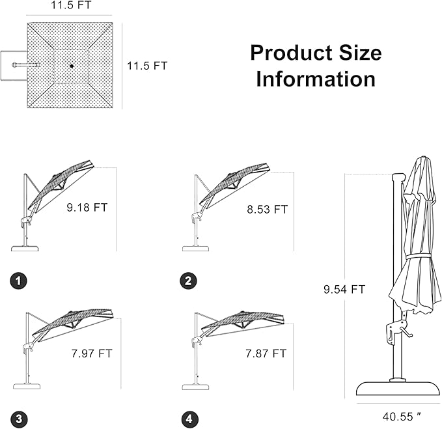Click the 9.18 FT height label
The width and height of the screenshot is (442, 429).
pyautogui.click(x=87, y=208)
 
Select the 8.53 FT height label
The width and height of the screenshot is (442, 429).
pyautogui.click(x=268, y=210)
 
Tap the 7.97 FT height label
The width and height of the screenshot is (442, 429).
pyautogui.click(x=92, y=353)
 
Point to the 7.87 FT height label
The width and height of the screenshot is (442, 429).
pyautogui.click(x=266, y=353)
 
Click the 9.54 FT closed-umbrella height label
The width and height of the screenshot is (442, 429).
pyautogui.click(x=344, y=289)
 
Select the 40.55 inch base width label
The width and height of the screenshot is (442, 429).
pyautogui.click(x=402, y=417)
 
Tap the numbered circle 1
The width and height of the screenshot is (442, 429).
pyautogui.click(x=19, y=281)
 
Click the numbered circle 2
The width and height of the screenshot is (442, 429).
pyautogui.click(x=188, y=281)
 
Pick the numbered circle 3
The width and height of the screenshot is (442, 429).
pyautogui.click(x=19, y=419)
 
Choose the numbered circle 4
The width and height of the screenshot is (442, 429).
pyautogui.click(x=189, y=419)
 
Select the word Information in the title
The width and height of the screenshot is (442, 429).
pyautogui.click(x=316, y=79)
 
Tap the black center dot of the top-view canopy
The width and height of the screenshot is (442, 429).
pyautogui.click(x=72, y=66)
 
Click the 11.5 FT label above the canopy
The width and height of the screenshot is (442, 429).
pyautogui.click(x=71, y=5)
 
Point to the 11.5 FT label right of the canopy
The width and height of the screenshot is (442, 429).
pyautogui.click(x=147, y=66)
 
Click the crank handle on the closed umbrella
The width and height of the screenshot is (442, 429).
pyautogui.click(x=406, y=331)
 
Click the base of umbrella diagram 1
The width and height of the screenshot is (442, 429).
pyautogui.click(x=25, y=249)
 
